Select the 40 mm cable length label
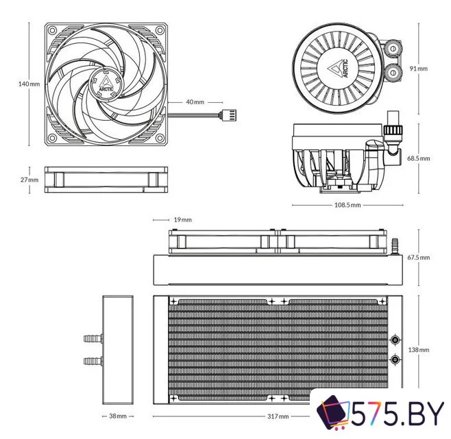coord(195,102)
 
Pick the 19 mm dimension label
coord(182,219)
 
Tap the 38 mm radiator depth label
coord(117,416)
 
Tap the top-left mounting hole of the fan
coord(52,30)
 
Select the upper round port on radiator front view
coord(395,340)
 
